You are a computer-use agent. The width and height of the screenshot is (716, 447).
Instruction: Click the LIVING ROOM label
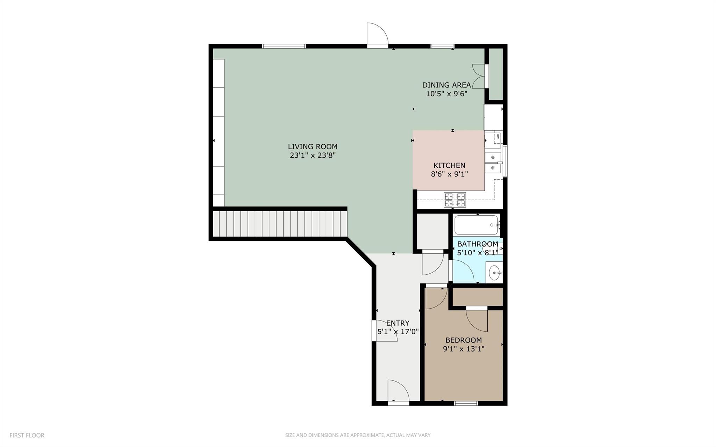(313, 147)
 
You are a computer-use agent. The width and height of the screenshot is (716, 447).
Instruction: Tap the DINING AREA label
(446, 85)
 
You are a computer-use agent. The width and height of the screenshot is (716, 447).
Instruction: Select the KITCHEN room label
(449, 165)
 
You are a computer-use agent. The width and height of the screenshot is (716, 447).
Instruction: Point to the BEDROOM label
(464, 340)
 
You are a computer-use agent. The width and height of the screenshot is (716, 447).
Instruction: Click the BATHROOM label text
(478, 244)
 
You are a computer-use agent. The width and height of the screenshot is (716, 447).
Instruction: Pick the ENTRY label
(398, 323)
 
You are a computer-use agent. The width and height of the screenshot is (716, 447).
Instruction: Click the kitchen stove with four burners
(455, 200)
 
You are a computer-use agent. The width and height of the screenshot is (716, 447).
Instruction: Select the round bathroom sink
(494, 273)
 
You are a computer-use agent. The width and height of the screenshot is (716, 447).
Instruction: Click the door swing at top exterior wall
(378, 34)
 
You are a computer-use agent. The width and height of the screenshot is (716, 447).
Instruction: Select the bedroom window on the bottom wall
(466, 403)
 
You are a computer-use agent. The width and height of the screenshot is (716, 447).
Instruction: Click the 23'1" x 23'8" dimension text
(313, 155)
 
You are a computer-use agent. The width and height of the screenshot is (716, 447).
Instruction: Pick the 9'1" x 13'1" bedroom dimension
(464, 349)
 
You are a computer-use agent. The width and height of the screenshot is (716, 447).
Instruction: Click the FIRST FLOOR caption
(27, 435)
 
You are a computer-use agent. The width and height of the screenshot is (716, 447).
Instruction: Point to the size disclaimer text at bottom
(358, 435)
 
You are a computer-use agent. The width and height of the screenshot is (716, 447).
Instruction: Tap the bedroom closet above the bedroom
(478, 297)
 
